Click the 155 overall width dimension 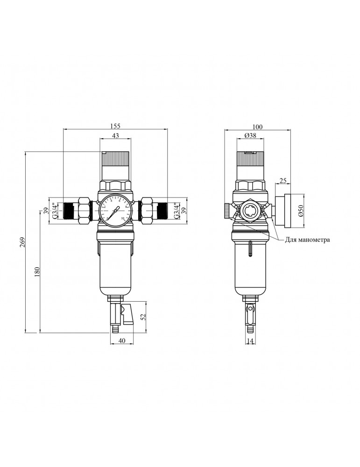(x=115, y=126)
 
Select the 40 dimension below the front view (x=121, y=341)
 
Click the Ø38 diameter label (x=251, y=136)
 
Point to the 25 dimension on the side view (x=282, y=180)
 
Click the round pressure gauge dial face (x=115, y=211)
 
